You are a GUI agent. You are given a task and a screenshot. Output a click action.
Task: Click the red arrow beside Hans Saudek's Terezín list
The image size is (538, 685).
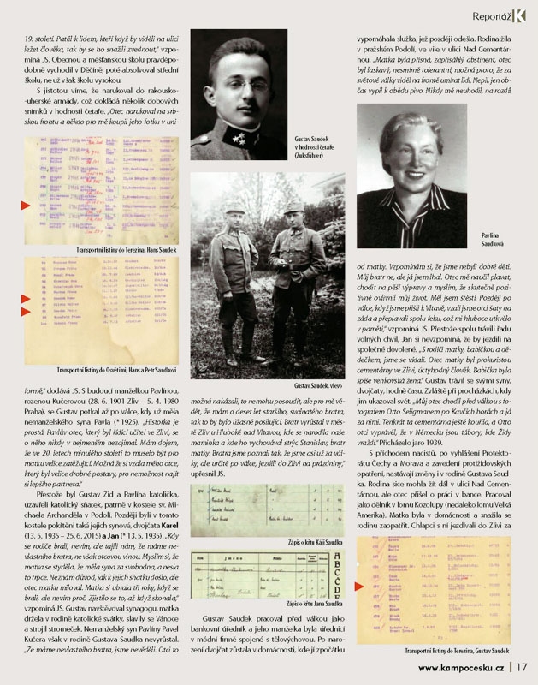tap(25, 205)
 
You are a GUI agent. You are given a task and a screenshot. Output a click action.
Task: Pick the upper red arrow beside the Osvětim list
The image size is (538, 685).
tap(25, 298)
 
